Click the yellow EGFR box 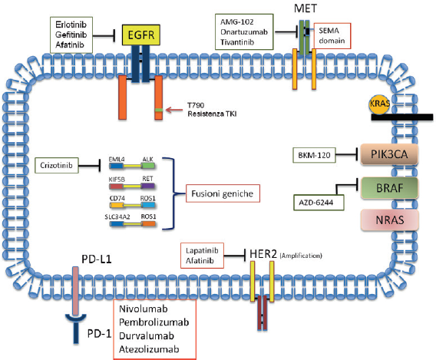141,35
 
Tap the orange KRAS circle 379,104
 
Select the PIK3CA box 389,154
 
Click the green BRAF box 389,188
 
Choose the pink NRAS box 390,220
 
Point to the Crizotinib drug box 57,165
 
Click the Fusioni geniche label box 223,193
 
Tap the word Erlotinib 71,25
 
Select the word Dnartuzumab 244,32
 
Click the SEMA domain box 332,36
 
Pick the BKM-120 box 314,155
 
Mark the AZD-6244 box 319,203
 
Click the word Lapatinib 202,250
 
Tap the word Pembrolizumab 154,322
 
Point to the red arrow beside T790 174,110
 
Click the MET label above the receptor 306,8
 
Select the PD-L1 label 97,259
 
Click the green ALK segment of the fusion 147,166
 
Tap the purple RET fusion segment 147,186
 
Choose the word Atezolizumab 149,349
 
